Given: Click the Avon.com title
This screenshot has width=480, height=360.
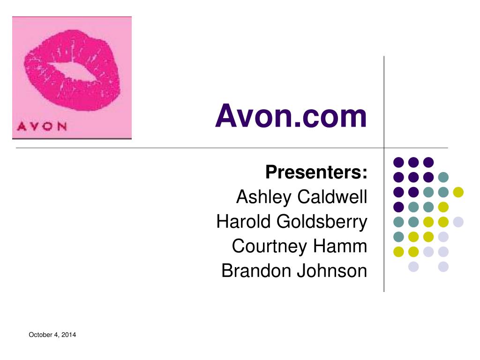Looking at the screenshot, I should click(291, 116).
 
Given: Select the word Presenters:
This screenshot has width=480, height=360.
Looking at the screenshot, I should click(316, 172).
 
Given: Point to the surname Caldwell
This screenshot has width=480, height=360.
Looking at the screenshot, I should click(332, 197).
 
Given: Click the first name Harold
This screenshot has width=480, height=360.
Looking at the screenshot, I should click(244, 222).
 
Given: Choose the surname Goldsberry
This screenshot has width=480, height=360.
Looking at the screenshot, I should click(322, 222).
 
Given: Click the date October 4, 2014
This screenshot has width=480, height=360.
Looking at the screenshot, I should click(52, 335).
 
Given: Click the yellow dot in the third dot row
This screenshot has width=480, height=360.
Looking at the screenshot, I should click(458, 192).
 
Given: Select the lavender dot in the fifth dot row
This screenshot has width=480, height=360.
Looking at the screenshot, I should click(458, 222).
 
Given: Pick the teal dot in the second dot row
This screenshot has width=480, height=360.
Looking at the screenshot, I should click(443, 177).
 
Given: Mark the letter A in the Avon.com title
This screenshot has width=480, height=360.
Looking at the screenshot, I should click(225, 116).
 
